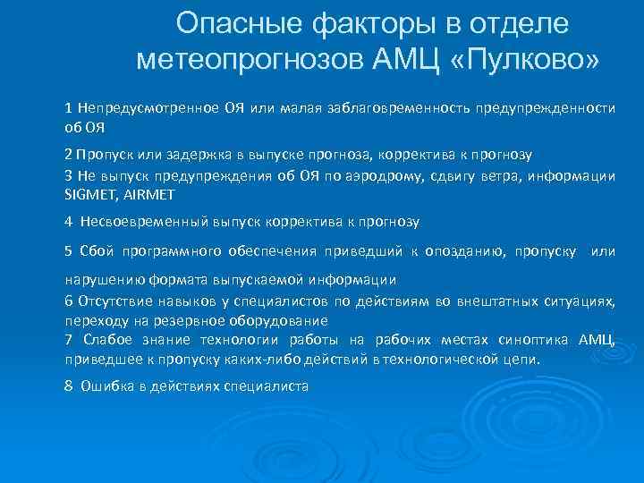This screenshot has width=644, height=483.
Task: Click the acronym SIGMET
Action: click(x=87, y=193)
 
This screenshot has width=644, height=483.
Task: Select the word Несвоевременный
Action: click(x=140, y=220)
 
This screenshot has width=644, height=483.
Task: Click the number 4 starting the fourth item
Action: click(x=69, y=220)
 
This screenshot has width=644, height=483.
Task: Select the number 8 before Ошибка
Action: click(x=69, y=386)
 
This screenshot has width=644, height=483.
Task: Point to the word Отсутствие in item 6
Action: click(x=112, y=301)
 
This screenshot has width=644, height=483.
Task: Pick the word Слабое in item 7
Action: click(x=106, y=339)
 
